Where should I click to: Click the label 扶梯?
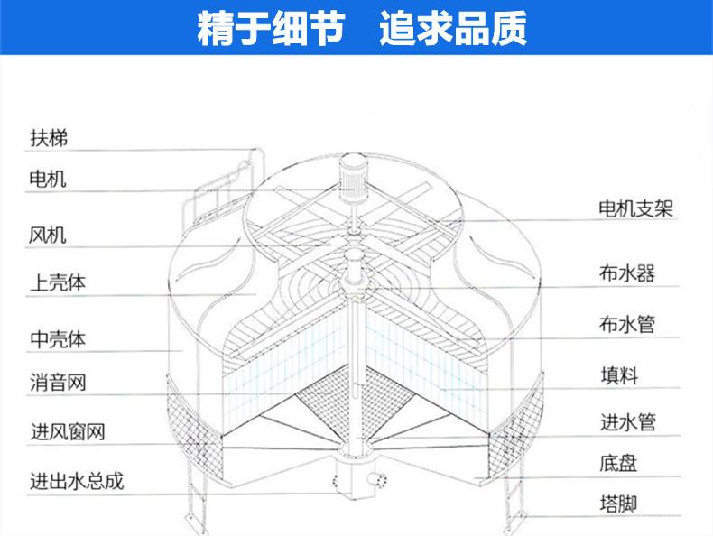click(49, 138)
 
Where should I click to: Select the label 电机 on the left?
click(49, 179)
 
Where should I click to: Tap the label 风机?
click(49, 236)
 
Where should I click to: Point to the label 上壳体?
click(58, 282)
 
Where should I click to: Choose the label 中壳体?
click(58, 340)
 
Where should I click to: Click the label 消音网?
click(58, 384)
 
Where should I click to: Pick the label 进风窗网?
click(68, 432)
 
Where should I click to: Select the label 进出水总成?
click(77, 481)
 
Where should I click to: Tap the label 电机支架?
click(637, 209)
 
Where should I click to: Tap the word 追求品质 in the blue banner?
click(453, 29)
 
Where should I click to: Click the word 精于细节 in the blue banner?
click(271, 29)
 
